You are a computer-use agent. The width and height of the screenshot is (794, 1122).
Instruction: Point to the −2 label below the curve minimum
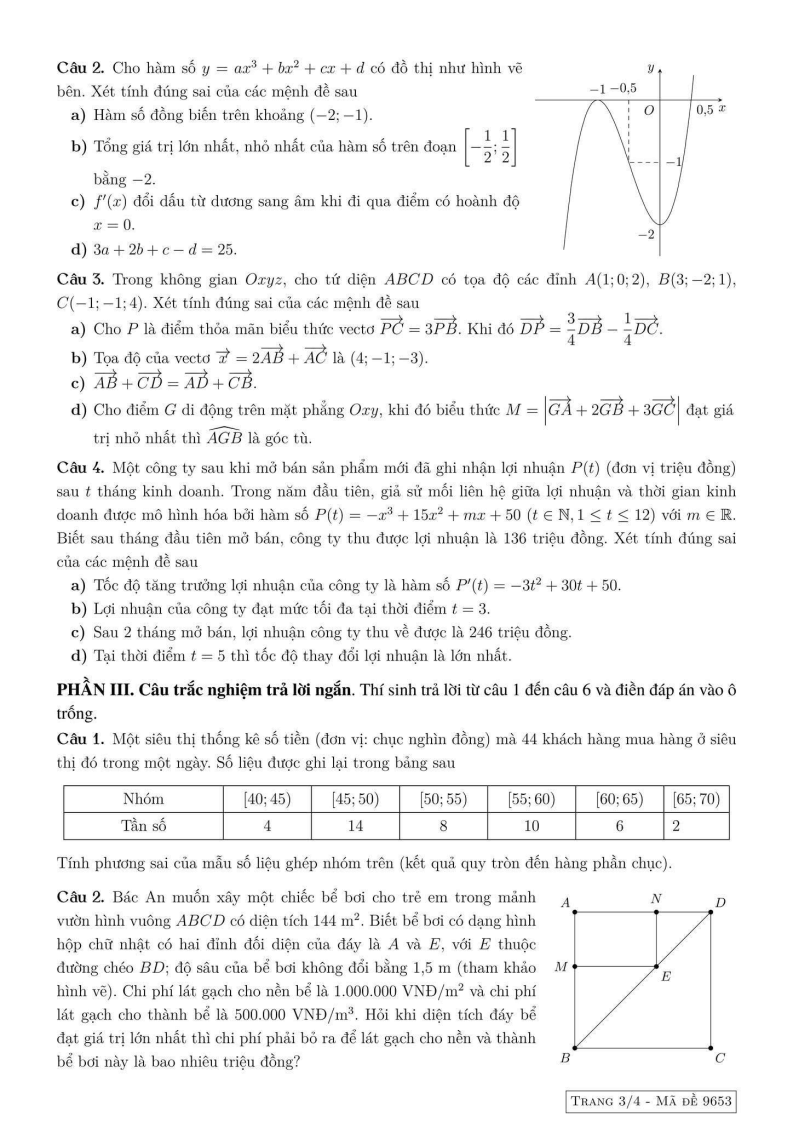coord(647,234)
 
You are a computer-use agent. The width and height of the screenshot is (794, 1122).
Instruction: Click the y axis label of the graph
coord(650,68)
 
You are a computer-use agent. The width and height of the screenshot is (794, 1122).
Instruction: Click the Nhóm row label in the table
coord(143,799)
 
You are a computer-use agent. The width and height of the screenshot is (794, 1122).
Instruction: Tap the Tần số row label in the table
coord(143,826)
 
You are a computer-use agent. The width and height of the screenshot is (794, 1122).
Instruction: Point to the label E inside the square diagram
coord(665,977)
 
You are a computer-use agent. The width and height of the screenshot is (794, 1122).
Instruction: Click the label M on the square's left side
coord(561,967)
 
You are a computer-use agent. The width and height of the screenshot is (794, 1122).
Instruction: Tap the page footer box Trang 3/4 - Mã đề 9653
coord(650,1101)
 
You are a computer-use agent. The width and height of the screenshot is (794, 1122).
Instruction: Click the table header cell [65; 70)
coord(697,799)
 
